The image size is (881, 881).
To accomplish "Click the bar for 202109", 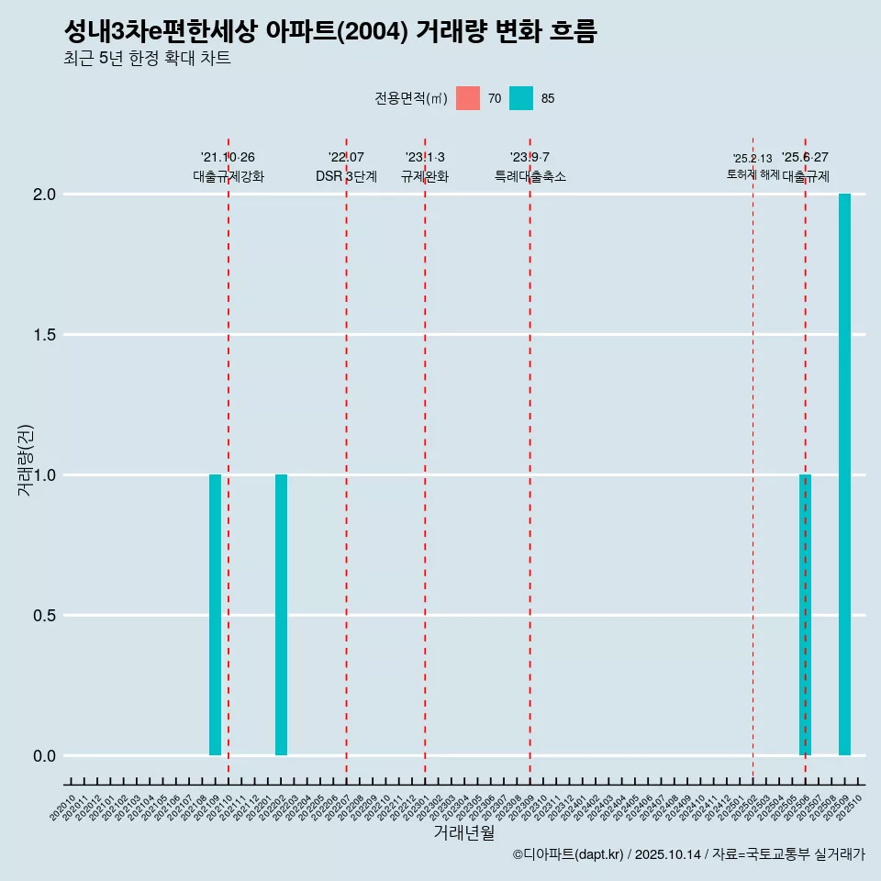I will pos(215,615).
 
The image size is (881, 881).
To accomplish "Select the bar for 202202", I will pos(281,615).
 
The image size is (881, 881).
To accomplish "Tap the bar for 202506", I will pos(805,615).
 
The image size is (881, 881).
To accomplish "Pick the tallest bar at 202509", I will pos(844,474).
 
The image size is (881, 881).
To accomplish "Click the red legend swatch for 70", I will pos(468,98).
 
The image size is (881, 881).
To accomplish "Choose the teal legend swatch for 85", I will pos(521,98).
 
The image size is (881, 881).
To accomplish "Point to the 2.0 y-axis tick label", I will pos(45,195).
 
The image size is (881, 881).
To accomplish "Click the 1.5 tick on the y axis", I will pos(45,335).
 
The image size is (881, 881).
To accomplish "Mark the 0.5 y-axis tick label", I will pos(45,616).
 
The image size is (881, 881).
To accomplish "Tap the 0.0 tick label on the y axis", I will pos(45,756).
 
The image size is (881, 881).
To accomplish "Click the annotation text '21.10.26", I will pos(228,157).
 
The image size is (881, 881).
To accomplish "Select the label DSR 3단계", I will pos(346,176).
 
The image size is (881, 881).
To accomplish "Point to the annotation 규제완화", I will pos(425,176).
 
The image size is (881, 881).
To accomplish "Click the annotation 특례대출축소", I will pos(530,176).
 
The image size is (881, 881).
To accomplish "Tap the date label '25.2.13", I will pos(753,158).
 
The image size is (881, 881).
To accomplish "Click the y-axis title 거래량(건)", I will pos(25,459).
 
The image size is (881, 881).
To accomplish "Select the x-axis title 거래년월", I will pos(464,832).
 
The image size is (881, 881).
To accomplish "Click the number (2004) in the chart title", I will pos(374,32).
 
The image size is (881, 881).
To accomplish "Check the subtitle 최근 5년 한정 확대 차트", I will pos(147,59).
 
